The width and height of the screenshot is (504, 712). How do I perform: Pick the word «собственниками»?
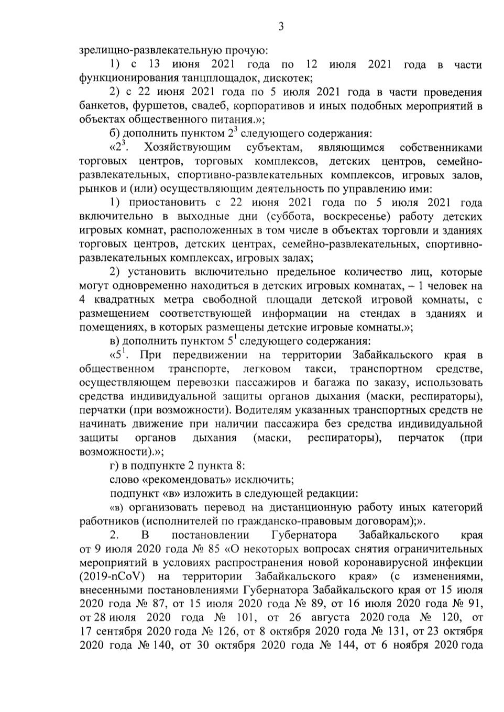440,147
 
